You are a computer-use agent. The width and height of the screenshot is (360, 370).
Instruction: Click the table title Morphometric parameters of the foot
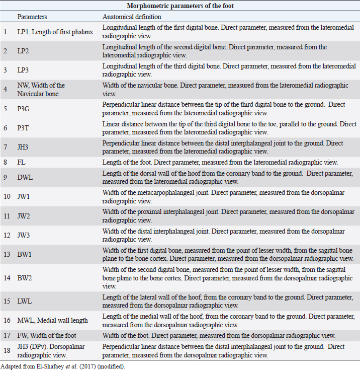179,6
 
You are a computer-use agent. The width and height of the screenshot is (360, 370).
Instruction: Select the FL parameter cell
22,162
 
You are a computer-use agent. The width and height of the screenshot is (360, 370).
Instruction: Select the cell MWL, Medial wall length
53,320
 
